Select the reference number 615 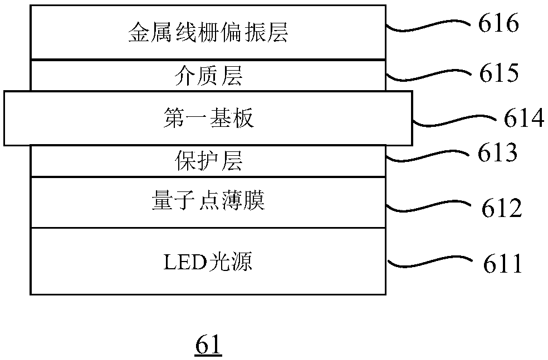tap(499, 73)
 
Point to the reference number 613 tap(498, 152)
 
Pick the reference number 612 tap(502, 208)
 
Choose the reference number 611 tap(502, 263)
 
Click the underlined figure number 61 tap(208, 346)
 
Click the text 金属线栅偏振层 tap(208, 32)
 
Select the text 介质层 tap(208, 76)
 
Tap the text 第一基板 tap(208, 117)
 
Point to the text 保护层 tap(208, 161)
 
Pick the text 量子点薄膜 tap(208, 200)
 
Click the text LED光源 tap(208, 262)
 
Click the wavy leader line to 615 tap(428, 75)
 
